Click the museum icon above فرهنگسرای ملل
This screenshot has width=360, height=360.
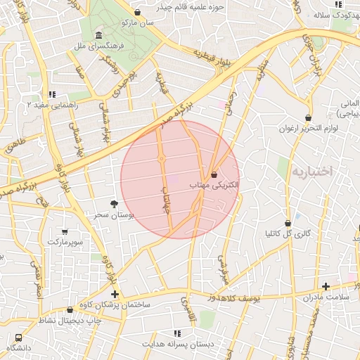click(98, 35)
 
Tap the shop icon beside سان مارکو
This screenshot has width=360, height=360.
click(137, 13)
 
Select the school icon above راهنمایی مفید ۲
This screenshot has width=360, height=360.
click(51, 94)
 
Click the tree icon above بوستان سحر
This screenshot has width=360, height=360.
click(115, 204)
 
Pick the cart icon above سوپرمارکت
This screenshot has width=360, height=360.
click(65, 231)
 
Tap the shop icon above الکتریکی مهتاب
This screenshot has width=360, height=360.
click(214, 174)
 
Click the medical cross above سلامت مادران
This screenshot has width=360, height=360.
click(326, 286)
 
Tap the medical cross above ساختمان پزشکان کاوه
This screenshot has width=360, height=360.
click(115, 294)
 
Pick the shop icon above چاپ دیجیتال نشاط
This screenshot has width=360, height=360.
click(70, 309)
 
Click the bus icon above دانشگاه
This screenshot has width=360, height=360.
click(18, 338)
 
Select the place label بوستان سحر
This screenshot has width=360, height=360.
click(115, 214)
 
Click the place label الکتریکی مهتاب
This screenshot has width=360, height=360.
click(214, 184)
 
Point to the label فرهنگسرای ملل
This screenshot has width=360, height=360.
click(98, 45)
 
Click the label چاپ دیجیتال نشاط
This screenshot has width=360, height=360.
click(70, 321)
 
